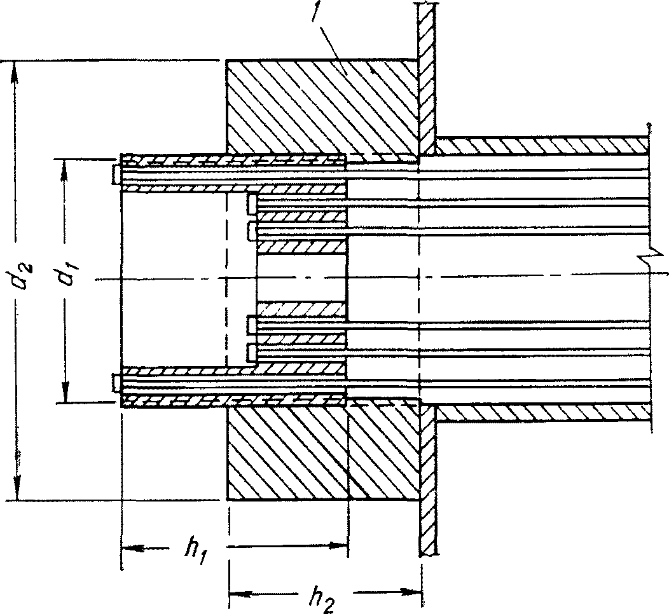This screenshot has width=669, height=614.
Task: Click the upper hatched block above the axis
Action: point(318,105)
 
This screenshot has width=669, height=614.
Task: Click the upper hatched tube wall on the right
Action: point(541,146)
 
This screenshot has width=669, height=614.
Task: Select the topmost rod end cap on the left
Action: point(116,174)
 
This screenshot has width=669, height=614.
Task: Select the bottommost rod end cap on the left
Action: point(116,383)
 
